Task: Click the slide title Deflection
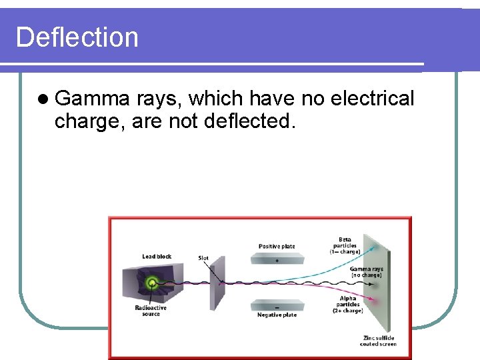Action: [x=77, y=37]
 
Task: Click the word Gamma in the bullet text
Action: [x=92, y=99]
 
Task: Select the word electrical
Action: [x=372, y=99]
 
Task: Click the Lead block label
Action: [x=157, y=257]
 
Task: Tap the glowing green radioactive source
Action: [x=153, y=283]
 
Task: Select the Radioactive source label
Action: [x=151, y=311]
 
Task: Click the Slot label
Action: [x=203, y=258]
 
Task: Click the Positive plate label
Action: [x=277, y=246]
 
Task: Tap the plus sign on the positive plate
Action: [x=277, y=261]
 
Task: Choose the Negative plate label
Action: [x=277, y=315]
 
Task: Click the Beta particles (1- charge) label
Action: [x=345, y=245]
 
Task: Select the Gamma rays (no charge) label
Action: [x=366, y=271]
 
